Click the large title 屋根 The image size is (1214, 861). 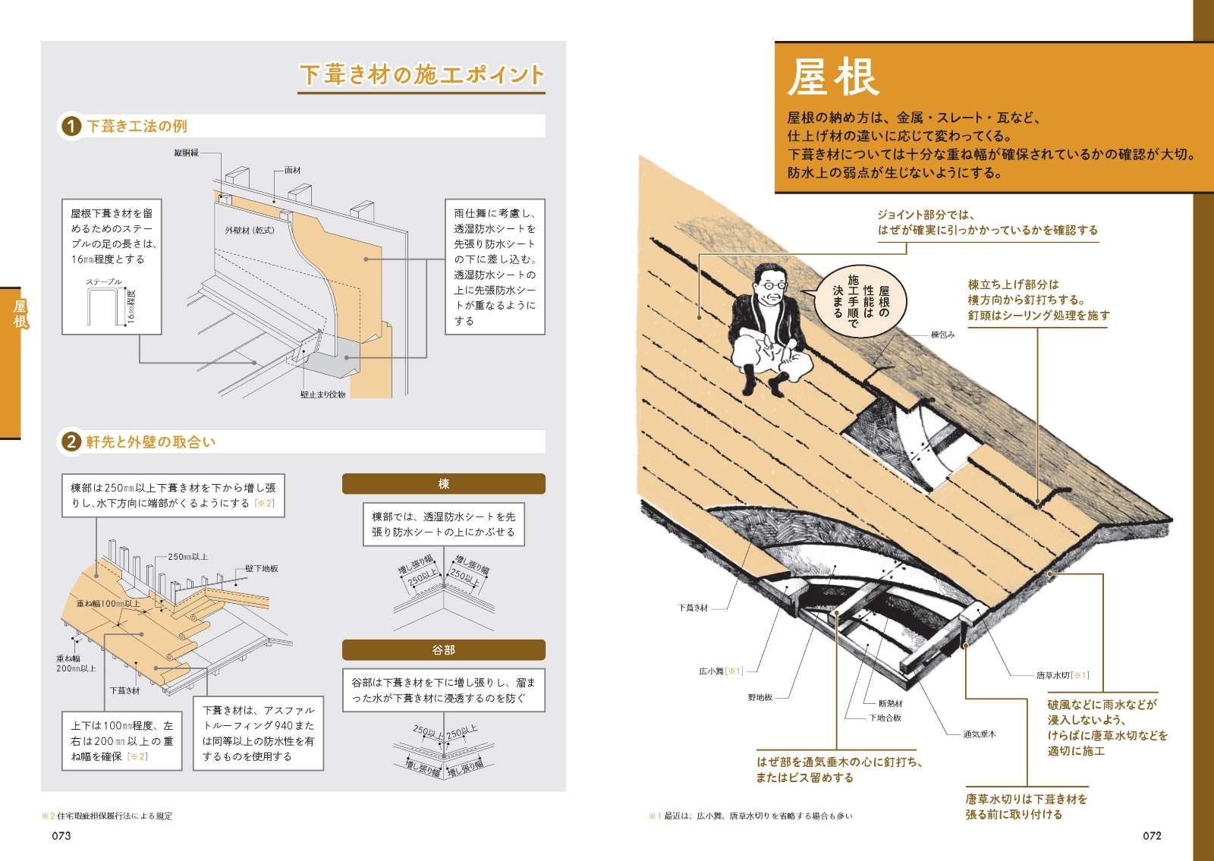point(832,77)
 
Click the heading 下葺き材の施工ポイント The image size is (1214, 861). point(422,75)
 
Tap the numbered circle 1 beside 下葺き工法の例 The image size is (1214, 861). point(71,126)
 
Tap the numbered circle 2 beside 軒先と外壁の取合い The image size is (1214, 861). point(71,441)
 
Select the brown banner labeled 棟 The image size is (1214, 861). point(443,484)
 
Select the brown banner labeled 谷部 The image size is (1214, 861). point(443,650)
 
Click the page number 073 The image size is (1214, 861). point(61,835)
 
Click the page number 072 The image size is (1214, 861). point(1152,835)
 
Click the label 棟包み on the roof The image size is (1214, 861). point(942,335)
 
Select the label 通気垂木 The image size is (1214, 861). point(979,734)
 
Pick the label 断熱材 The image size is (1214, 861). point(890,703)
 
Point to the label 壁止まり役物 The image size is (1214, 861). point(322,394)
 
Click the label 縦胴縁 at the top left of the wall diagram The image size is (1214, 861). point(186,153)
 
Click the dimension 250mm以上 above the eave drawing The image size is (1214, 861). point(187,557)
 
